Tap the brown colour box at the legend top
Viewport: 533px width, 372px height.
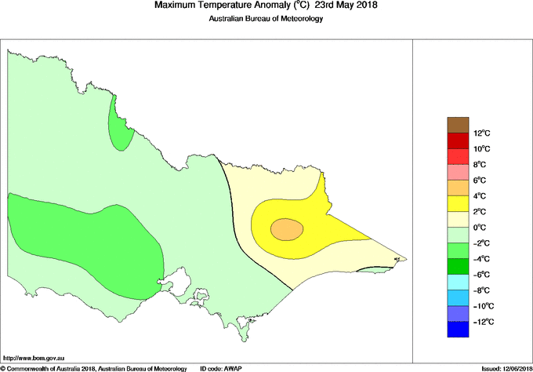click(x=457, y=125)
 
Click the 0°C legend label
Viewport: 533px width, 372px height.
click(x=481, y=228)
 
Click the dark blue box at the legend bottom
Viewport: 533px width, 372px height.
click(x=457, y=330)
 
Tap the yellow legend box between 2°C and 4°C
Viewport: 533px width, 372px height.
click(x=457, y=204)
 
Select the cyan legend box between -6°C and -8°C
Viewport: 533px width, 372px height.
click(x=457, y=283)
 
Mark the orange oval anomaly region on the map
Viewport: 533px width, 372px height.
click(x=287, y=228)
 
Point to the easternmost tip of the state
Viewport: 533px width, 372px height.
click(x=404, y=258)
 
